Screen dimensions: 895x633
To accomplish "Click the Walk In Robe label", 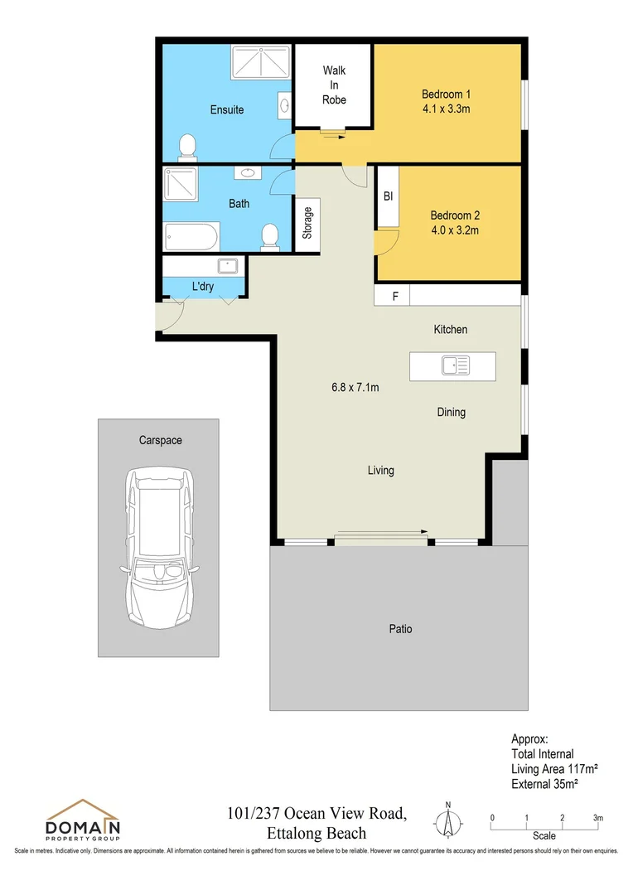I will click(x=334, y=85).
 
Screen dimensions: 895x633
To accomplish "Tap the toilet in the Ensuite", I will click(x=189, y=148).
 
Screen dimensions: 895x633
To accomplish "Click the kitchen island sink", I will click(x=455, y=365).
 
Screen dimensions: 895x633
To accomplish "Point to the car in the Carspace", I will click(x=159, y=549).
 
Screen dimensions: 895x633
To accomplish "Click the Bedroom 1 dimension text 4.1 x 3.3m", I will click(x=446, y=109).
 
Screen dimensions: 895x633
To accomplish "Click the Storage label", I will click(x=307, y=222).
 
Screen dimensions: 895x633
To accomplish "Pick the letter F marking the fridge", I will click(x=395, y=295).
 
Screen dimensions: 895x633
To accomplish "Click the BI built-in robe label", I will click(x=387, y=197).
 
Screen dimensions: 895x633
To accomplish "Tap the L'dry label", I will click(x=203, y=287).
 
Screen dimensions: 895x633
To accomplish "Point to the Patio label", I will click(x=400, y=629).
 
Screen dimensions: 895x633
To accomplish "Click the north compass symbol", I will click(x=448, y=821).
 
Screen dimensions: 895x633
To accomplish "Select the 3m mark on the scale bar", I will click(x=598, y=819).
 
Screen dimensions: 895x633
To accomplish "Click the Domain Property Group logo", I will click(x=83, y=820).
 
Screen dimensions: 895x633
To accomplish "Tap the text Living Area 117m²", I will click(x=554, y=769).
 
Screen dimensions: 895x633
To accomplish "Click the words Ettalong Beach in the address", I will click(x=317, y=833).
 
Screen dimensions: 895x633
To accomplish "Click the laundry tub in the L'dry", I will click(x=227, y=266).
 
